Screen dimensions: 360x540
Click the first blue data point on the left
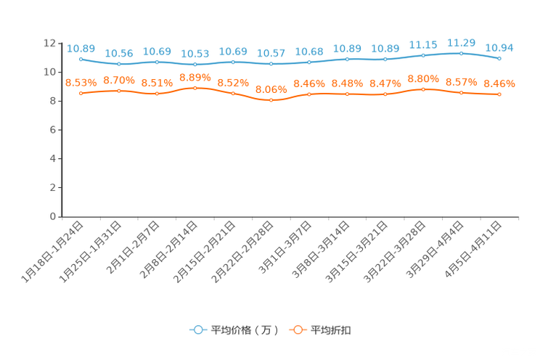pos(81,59)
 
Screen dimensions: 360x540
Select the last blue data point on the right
pos(499,59)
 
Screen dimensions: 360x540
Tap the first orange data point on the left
pos(81,94)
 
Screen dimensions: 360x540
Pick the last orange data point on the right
pos(499,94)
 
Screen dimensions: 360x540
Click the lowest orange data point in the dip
pos(271,100)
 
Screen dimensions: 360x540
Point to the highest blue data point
pos(461,52)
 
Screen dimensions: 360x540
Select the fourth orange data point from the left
pos(195,87)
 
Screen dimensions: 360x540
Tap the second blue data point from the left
pos(119,65)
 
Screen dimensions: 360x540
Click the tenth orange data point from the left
pos(423,89)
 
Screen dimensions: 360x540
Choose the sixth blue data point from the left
pos(271,64)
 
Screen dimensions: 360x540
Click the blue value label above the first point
pos(76,48)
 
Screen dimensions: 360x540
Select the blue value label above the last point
pos(499,48)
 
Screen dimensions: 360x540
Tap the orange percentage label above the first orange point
pos(81,82)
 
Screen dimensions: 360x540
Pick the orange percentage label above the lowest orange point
pos(271,89)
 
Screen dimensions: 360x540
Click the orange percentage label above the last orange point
pos(499,83)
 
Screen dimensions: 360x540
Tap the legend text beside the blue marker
pos(245,330)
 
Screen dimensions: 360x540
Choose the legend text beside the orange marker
pos(332,330)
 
